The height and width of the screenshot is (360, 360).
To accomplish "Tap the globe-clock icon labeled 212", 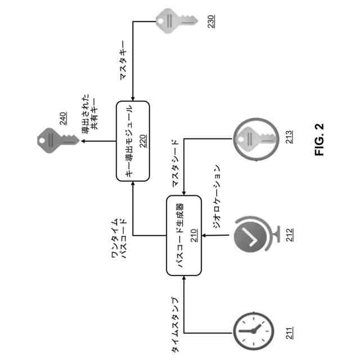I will click(251, 236).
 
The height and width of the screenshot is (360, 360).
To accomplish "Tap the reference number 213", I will click(290, 138).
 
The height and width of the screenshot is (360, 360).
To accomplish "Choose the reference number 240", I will click(63, 118).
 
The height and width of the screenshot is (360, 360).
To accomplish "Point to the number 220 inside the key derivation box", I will click(142, 141).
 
